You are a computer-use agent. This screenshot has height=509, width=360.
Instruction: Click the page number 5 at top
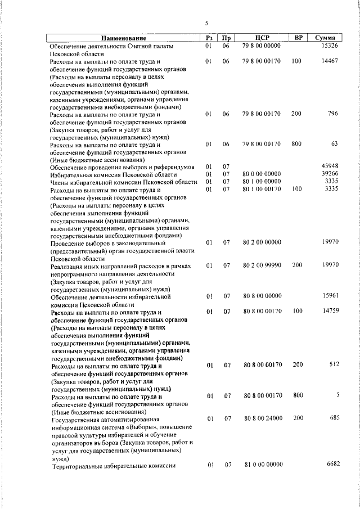click(x=206, y=23)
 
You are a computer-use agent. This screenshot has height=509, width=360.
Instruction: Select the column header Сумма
click(x=326, y=38)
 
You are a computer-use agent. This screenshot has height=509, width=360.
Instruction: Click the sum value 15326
click(x=328, y=45)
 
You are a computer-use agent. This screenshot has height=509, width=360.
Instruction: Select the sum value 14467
click(x=328, y=60)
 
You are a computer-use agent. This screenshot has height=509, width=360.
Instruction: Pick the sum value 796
click(x=332, y=114)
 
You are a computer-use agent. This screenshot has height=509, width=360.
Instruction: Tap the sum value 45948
click(x=328, y=166)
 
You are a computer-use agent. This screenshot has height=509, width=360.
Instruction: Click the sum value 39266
click(x=328, y=174)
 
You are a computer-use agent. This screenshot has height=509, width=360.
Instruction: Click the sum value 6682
click(x=330, y=465)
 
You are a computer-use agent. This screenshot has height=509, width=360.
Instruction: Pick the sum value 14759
click(x=328, y=311)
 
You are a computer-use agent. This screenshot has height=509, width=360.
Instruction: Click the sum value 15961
click(x=328, y=295)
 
